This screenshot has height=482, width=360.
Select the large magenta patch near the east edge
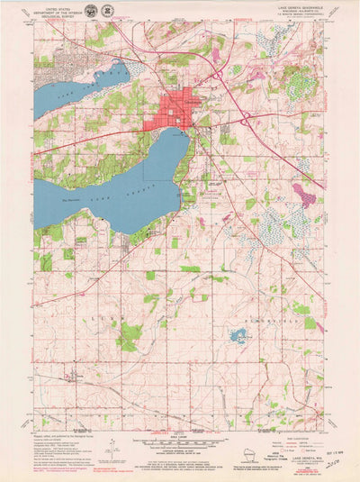coord(304,193)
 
